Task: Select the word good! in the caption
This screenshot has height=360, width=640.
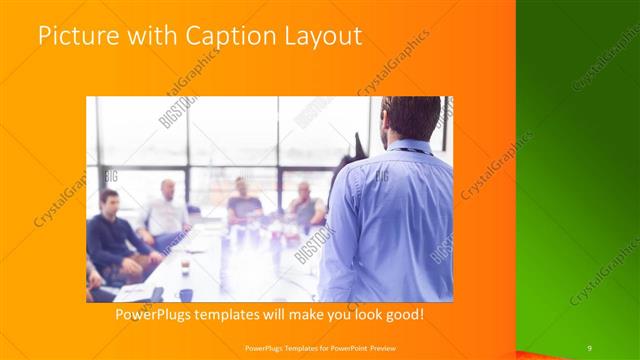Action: [x=402, y=315]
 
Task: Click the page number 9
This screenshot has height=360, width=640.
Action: [x=589, y=347]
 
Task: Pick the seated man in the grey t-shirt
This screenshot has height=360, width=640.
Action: [x=242, y=204]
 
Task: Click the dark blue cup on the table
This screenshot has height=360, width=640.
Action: [x=186, y=295]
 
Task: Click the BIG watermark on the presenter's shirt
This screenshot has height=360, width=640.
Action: [x=381, y=176]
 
